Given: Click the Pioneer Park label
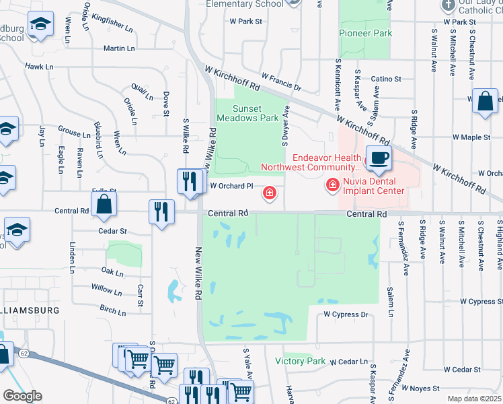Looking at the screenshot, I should [365, 33].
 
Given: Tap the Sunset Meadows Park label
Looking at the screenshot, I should [246, 113].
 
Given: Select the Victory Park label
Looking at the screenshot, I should [301, 362].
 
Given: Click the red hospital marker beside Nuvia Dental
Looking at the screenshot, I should [332, 184].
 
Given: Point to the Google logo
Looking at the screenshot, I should [22, 396].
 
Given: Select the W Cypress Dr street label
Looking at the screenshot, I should [347, 314].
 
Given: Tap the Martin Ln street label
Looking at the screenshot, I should [119, 48].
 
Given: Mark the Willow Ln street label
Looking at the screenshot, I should [106, 290].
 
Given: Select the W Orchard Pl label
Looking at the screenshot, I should [232, 186].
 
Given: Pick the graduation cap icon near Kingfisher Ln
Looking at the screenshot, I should [42, 25].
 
